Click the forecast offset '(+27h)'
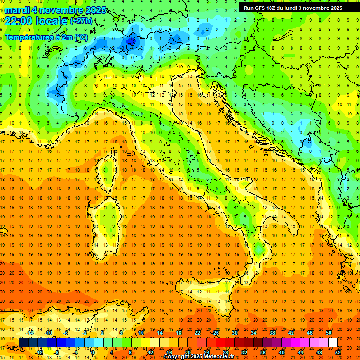click(81, 22)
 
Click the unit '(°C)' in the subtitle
click(81, 37)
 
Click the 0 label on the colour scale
click(93, 352)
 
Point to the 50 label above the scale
click(329, 333)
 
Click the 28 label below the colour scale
click(225, 352)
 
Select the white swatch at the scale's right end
click(333, 343)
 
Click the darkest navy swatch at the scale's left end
click(23, 343)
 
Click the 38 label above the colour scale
click(272, 333)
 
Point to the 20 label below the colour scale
click(187, 352)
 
